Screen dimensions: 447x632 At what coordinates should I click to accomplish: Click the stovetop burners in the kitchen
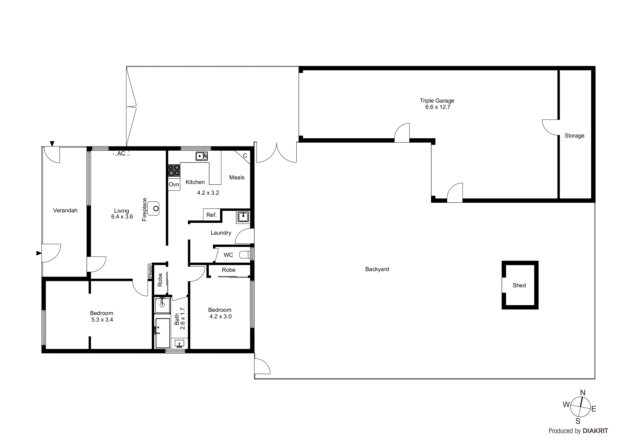(x=174, y=170)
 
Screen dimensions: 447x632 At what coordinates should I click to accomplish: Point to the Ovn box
(x=174, y=185)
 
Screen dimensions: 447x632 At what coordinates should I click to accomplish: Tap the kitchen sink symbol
(x=202, y=156)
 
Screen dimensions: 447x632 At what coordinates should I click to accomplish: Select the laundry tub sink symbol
(x=243, y=217)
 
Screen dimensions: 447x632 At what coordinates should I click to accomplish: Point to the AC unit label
(x=121, y=153)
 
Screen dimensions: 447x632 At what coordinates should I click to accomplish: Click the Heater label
(x=150, y=271)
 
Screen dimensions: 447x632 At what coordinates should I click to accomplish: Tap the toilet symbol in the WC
(x=244, y=255)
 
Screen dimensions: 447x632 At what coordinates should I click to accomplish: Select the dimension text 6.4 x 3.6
(x=122, y=217)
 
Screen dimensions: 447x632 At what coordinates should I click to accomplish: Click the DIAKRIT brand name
(x=595, y=431)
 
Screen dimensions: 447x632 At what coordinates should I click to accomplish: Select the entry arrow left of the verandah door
(x=39, y=253)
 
